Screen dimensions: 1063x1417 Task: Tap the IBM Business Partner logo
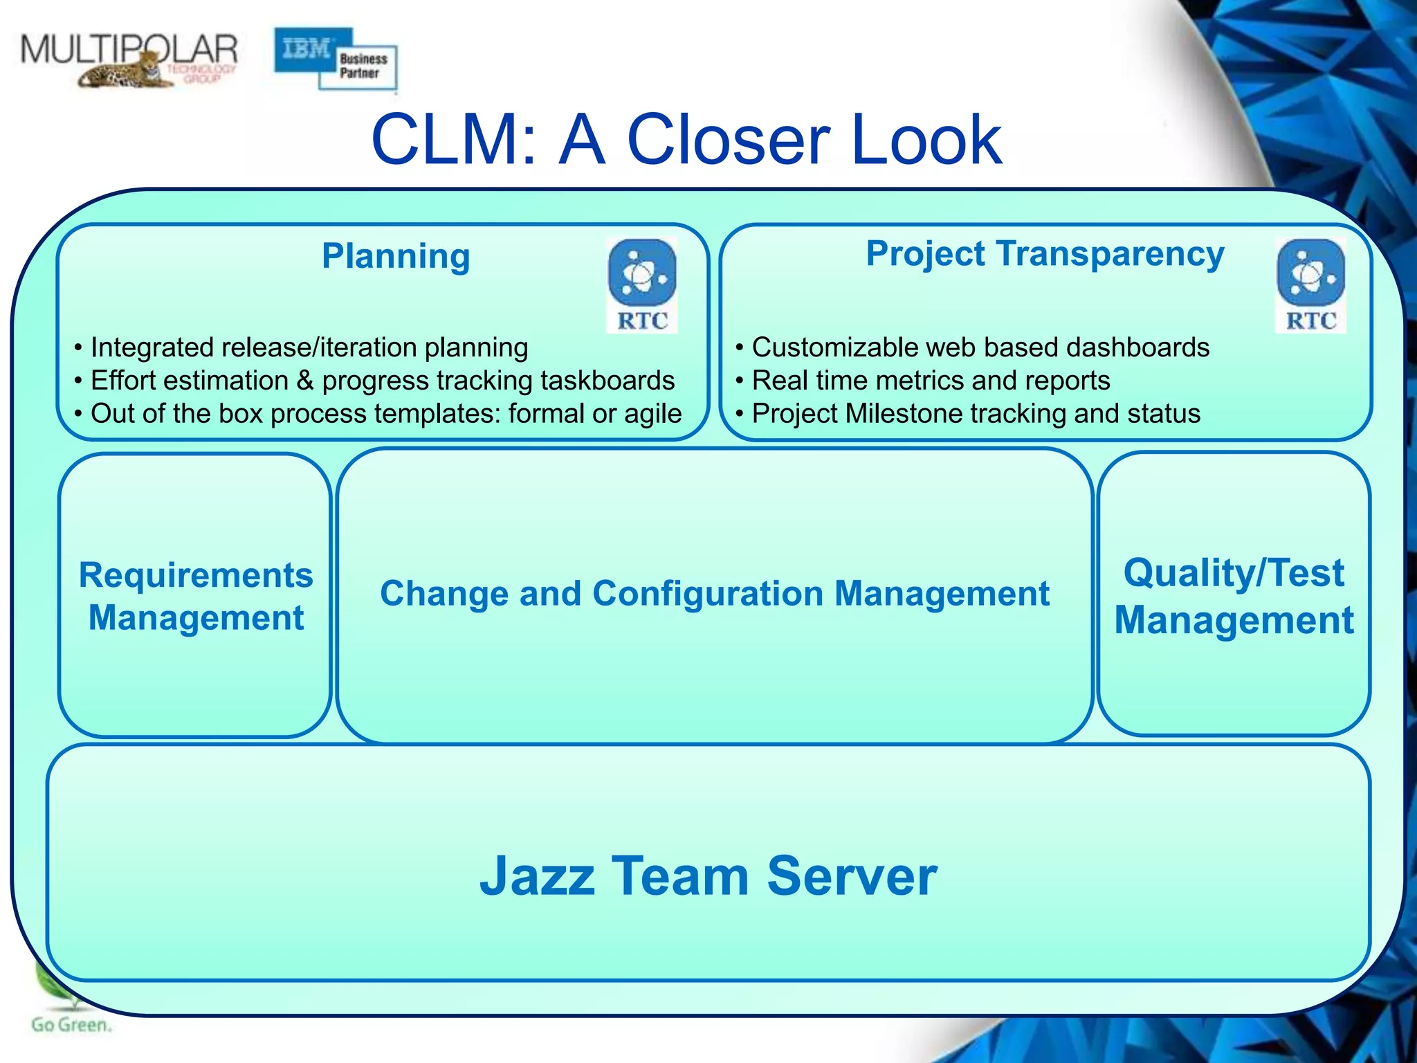point(336,60)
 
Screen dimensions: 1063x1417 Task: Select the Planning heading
point(396,256)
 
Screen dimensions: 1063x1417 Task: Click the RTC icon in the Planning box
point(641,285)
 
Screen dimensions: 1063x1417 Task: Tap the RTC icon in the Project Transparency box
point(1310,285)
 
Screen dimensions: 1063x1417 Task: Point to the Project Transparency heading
point(1045,253)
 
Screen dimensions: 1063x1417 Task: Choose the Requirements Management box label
point(196,596)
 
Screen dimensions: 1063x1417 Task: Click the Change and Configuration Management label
point(714,594)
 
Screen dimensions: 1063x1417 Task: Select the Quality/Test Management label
point(1234,596)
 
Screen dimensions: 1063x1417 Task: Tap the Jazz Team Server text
point(708,876)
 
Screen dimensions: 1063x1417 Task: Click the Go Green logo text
point(71,1025)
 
